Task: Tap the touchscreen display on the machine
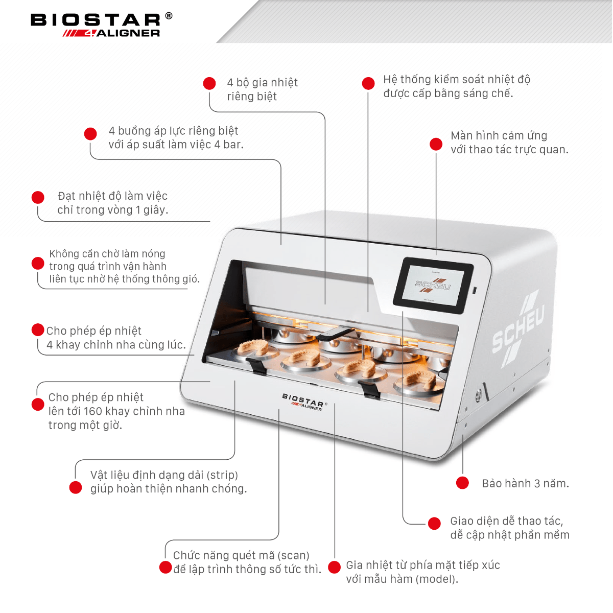click(x=433, y=285)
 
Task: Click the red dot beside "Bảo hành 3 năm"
click(x=462, y=483)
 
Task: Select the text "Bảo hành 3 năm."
click(x=525, y=483)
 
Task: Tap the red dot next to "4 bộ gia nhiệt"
click(x=209, y=83)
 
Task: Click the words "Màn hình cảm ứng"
click(x=499, y=136)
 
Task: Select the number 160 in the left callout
click(x=93, y=411)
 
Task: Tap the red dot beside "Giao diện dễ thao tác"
click(x=434, y=523)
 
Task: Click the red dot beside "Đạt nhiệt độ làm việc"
click(x=38, y=198)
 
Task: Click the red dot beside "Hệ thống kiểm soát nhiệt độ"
click(x=368, y=83)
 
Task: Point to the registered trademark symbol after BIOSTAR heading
click(x=169, y=16)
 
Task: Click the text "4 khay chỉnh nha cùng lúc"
click(x=116, y=345)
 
